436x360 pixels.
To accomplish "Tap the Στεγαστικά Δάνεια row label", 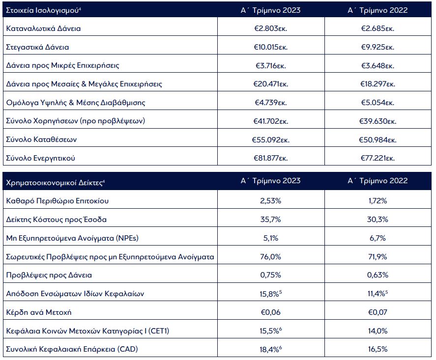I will click(37, 47).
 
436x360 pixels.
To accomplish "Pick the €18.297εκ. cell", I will click(378, 84).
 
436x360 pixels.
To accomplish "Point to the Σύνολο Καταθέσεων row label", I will click(41, 140).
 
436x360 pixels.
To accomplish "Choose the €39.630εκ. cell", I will click(378, 121).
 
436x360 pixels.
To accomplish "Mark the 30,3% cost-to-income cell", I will click(378, 219).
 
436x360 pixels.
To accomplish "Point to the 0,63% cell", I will click(378, 275).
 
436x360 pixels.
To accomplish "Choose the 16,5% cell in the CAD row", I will click(378, 349).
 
